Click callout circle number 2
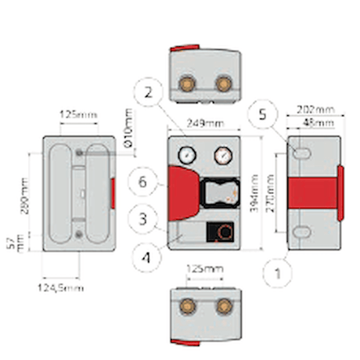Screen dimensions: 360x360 [146, 92]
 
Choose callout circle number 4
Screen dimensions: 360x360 [146, 255]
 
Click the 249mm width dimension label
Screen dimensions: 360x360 [206, 123]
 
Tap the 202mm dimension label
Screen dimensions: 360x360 [316, 111]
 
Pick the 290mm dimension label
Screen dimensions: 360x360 [24, 199]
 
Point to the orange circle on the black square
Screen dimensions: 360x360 [225, 232]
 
